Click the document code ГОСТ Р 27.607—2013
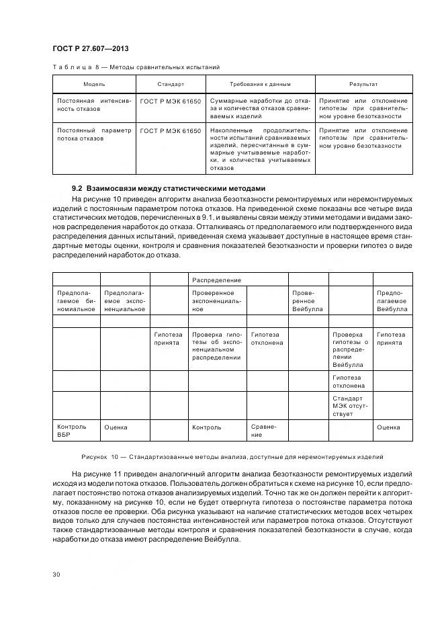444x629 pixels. [x=91, y=49]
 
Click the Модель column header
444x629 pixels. [x=94, y=84]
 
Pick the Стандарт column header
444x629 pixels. [x=171, y=84]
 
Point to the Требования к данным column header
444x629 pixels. [x=260, y=84]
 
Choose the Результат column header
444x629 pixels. [x=363, y=84]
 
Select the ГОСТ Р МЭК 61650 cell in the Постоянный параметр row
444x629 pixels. [x=171, y=130]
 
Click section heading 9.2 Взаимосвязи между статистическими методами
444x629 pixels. [x=169, y=187]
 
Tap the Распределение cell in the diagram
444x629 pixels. [x=216, y=279]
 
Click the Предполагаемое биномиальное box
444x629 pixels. [x=76, y=301]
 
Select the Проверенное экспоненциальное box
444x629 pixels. [x=216, y=301]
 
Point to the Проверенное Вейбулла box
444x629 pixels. [x=308, y=301]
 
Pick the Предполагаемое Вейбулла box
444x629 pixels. [x=392, y=301]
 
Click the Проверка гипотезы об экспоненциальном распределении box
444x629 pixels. [x=216, y=346]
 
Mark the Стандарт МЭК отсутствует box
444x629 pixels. [x=350, y=405]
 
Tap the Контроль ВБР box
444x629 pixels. [x=76, y=431]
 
